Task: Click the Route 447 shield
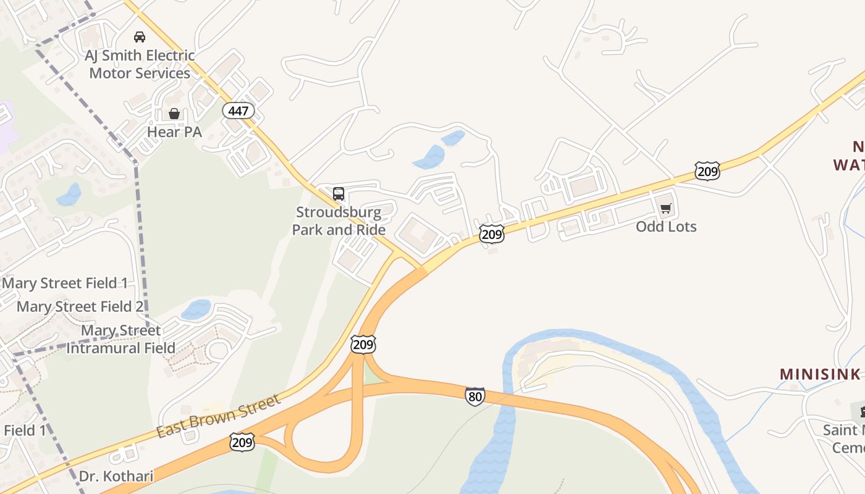point(238,111)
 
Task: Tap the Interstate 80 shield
point(475,396)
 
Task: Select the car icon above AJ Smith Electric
point(140,36)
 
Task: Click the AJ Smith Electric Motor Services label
point(140,64)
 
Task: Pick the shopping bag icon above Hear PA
point(174,114)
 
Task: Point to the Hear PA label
point(174,132)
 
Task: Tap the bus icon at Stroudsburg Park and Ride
point(339,194)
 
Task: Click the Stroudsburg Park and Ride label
point(339,221)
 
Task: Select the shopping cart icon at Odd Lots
point(665,209)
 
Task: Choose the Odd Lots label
point(666,227)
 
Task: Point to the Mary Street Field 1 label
point(65,283)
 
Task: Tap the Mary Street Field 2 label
point(80,306)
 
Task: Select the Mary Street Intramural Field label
point(120,339)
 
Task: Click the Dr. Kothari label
point(116,477)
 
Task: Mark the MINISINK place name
point(820,374)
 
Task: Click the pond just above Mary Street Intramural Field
point(196,309)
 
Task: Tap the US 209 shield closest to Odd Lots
point(707,171)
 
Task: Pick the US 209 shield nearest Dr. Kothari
point(242,442)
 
